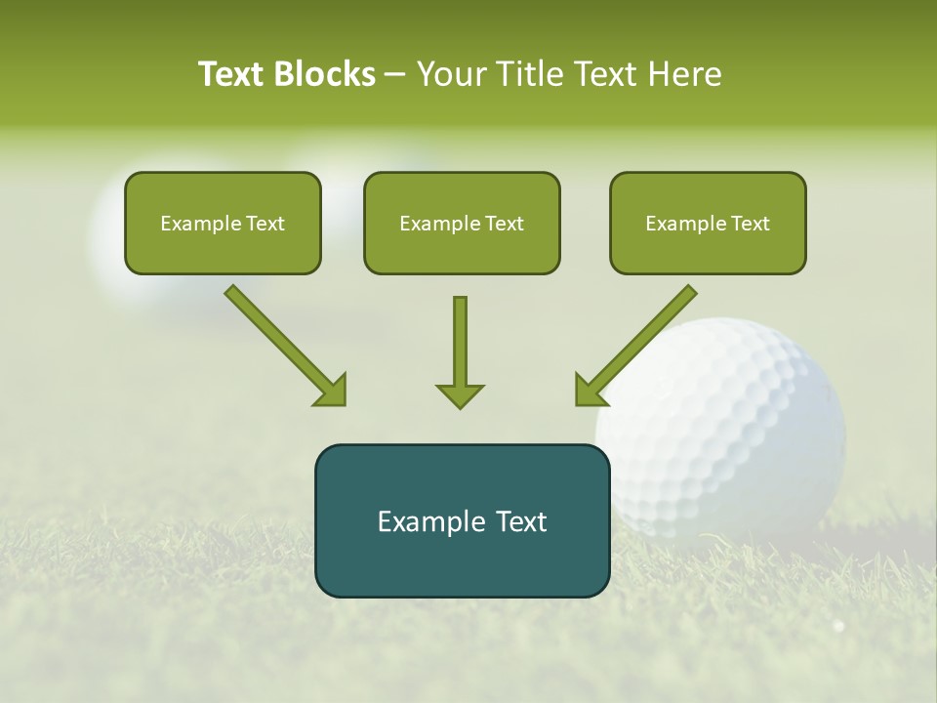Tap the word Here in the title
(x=684, y=74)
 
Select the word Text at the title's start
(x=231, y=74)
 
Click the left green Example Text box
(x=223, y=224)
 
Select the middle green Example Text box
(x=462, y=224)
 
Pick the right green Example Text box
(x=708, y=224)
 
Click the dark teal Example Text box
(x=462, y=521)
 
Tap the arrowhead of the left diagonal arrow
(x=332, y=391)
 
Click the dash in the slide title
(x=395, y=75)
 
